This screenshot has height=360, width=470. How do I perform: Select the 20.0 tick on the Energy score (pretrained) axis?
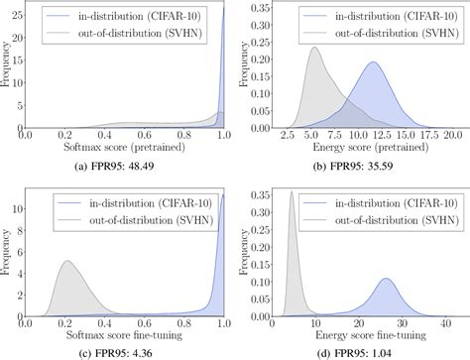453,132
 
